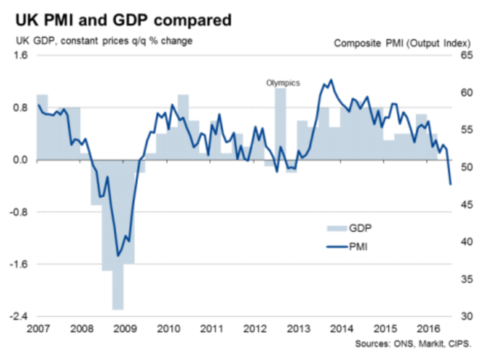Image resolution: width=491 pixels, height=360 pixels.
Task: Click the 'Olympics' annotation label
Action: tap(282, 83)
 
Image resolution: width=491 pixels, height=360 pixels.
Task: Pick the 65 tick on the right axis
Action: tap(466, 56)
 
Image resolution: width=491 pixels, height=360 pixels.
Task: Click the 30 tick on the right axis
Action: tap(466, 316)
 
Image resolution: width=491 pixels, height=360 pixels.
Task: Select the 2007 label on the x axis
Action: tap(38, 330)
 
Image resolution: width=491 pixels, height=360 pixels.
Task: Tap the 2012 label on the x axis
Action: tap(254, 330)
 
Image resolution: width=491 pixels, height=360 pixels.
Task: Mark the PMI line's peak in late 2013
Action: tap(331, 80)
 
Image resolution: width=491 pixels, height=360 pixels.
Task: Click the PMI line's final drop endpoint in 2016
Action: tap(451, 184)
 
